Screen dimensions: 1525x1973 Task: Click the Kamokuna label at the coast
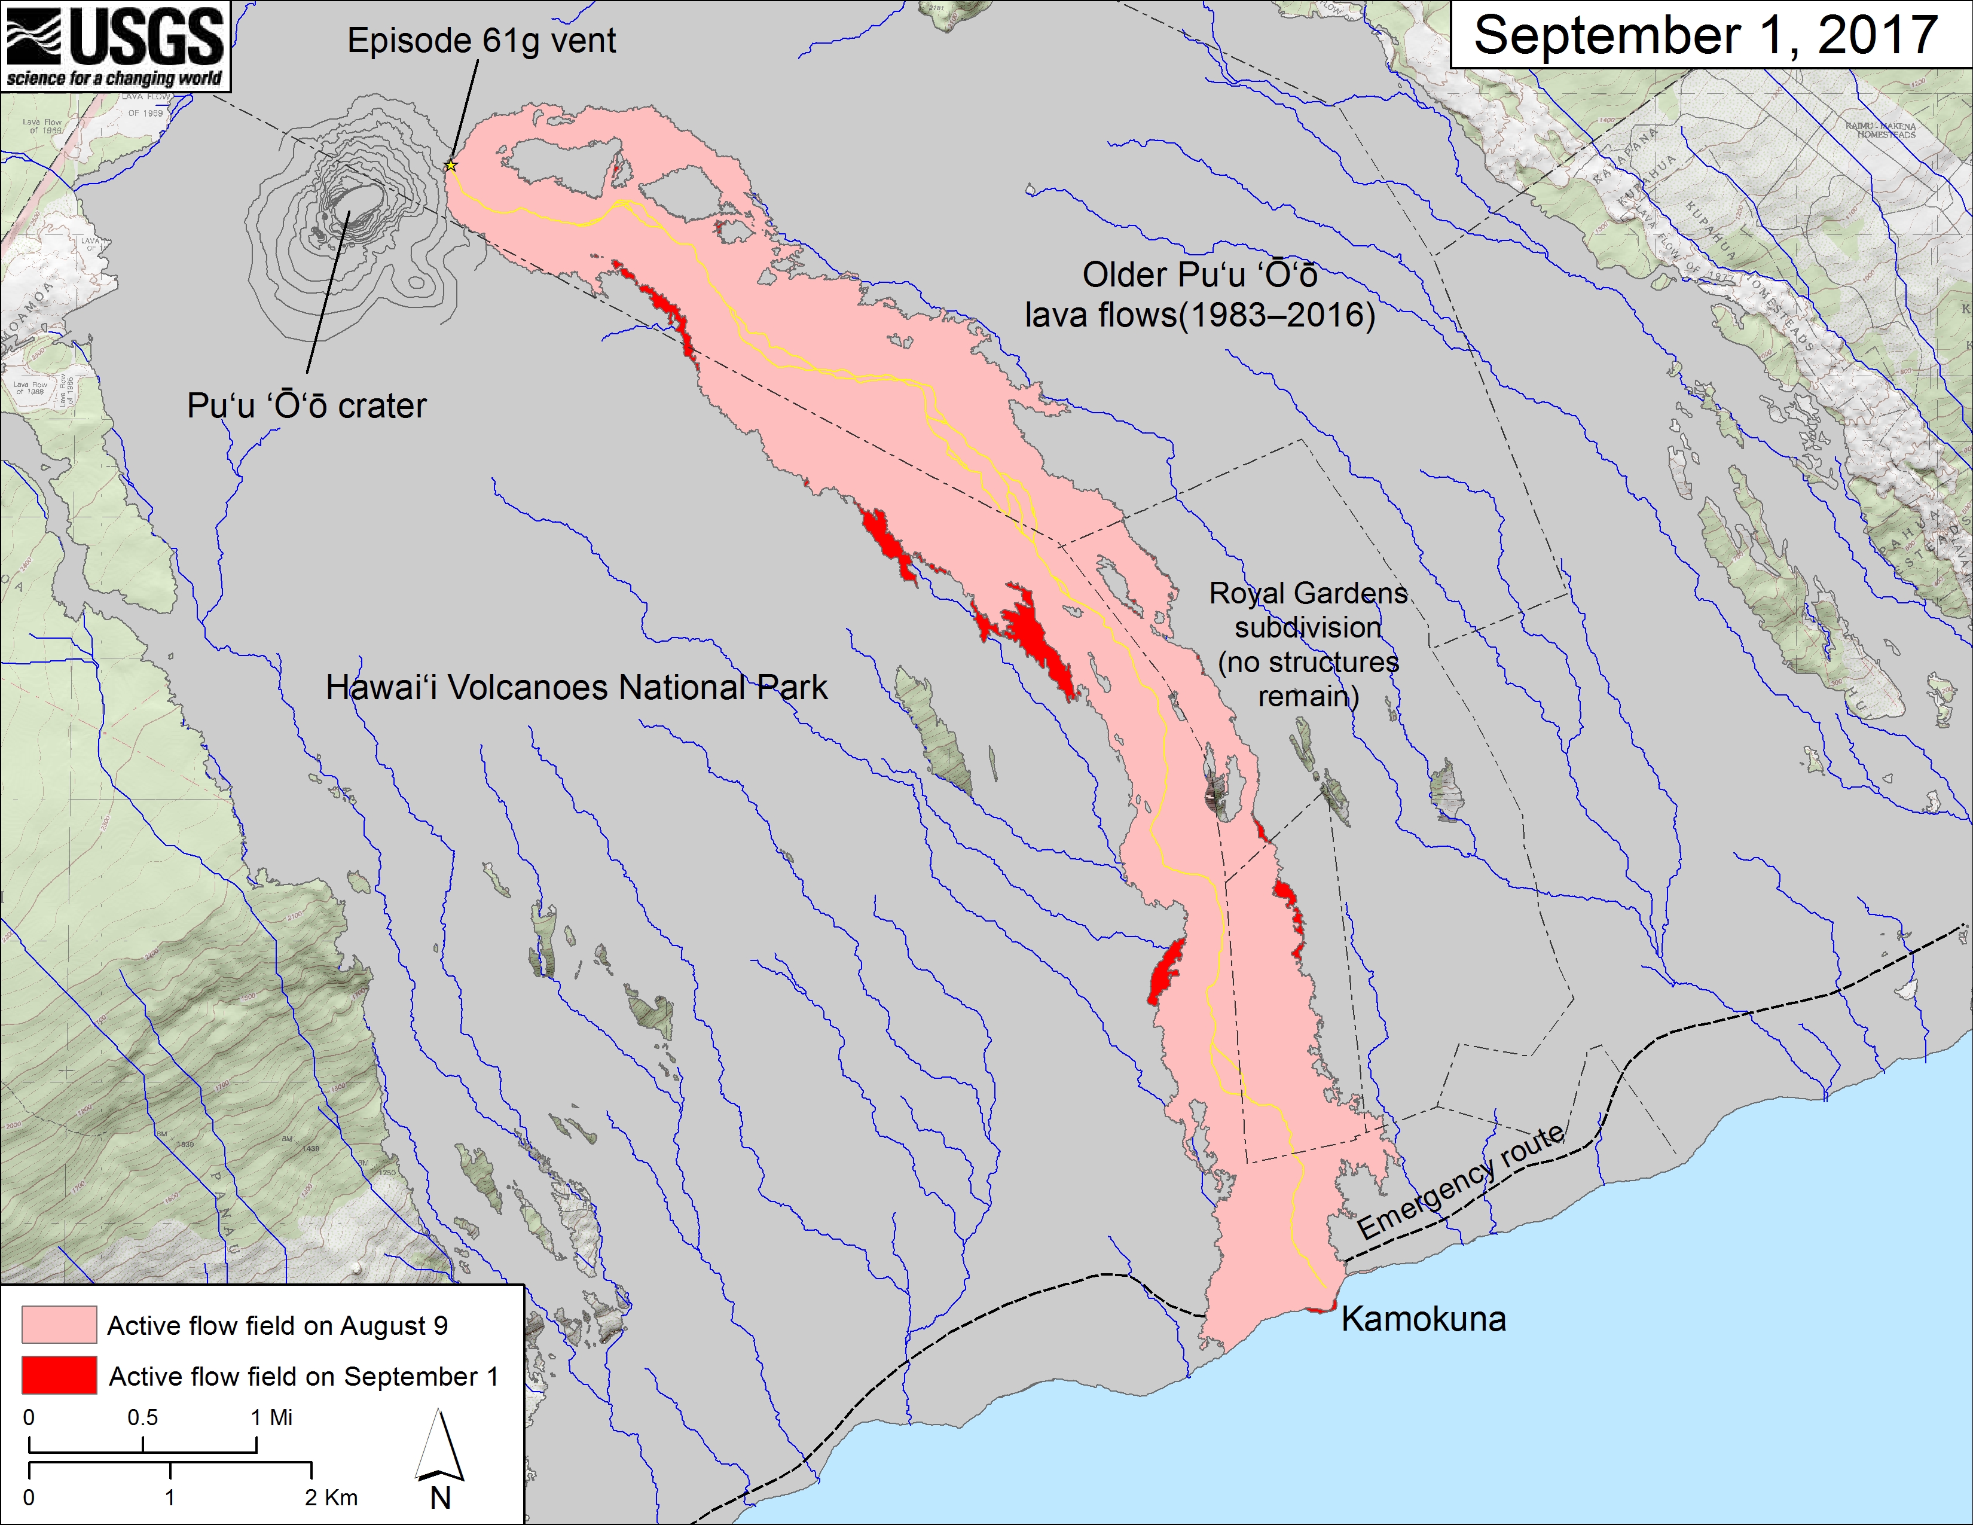point(1423,1319)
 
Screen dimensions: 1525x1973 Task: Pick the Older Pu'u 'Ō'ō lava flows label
point(1200,294)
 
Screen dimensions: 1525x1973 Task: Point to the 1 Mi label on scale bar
point(271,1417)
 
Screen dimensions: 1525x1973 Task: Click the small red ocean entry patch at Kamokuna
point(1320,1308)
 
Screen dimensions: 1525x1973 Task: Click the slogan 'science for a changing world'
point(115,78)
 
